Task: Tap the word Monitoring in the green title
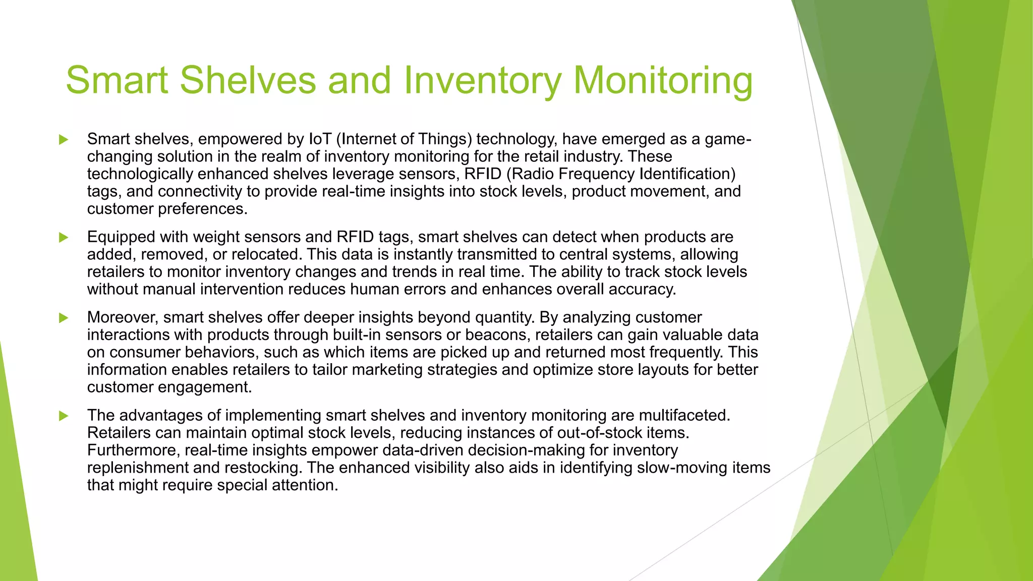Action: [663, 81]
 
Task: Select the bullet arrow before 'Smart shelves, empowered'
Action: [64, 140]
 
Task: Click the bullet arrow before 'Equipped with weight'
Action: [64, 238]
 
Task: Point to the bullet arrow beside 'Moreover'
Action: [64, 318]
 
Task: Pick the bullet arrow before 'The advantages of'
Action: [64, 416]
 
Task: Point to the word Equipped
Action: [121, 237]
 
